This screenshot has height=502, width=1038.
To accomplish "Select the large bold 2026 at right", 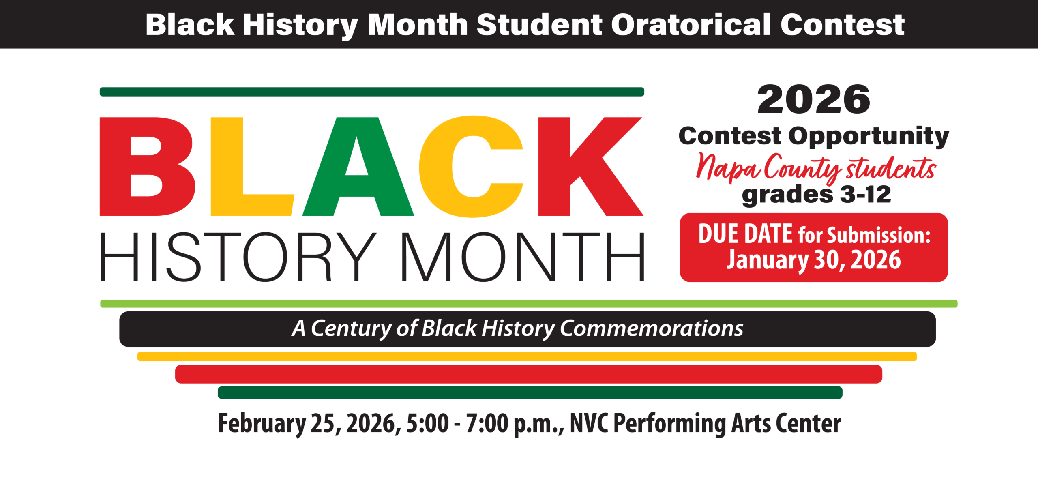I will [x=813, y=99].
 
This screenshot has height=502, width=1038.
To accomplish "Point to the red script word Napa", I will [x=727, y=167].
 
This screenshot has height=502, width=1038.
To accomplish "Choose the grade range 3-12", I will [x=865, y=195].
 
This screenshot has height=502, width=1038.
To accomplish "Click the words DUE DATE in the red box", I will [x=745, y=234].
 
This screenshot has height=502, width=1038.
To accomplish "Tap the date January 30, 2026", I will [x=813, y=260].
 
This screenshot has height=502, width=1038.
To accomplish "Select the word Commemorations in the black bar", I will [x=652, y=328].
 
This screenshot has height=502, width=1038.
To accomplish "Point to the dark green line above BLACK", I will [x=372, y=92].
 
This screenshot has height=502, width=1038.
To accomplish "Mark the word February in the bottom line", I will [x=262, y=423].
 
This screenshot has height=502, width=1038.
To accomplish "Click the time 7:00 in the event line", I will [x=487, y=423].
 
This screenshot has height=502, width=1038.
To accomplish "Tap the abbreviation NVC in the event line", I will [x=589, y=423].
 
